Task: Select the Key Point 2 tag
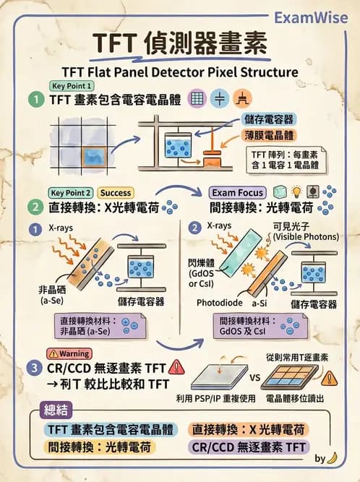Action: [70, 193]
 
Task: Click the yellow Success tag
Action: [116, 193]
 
